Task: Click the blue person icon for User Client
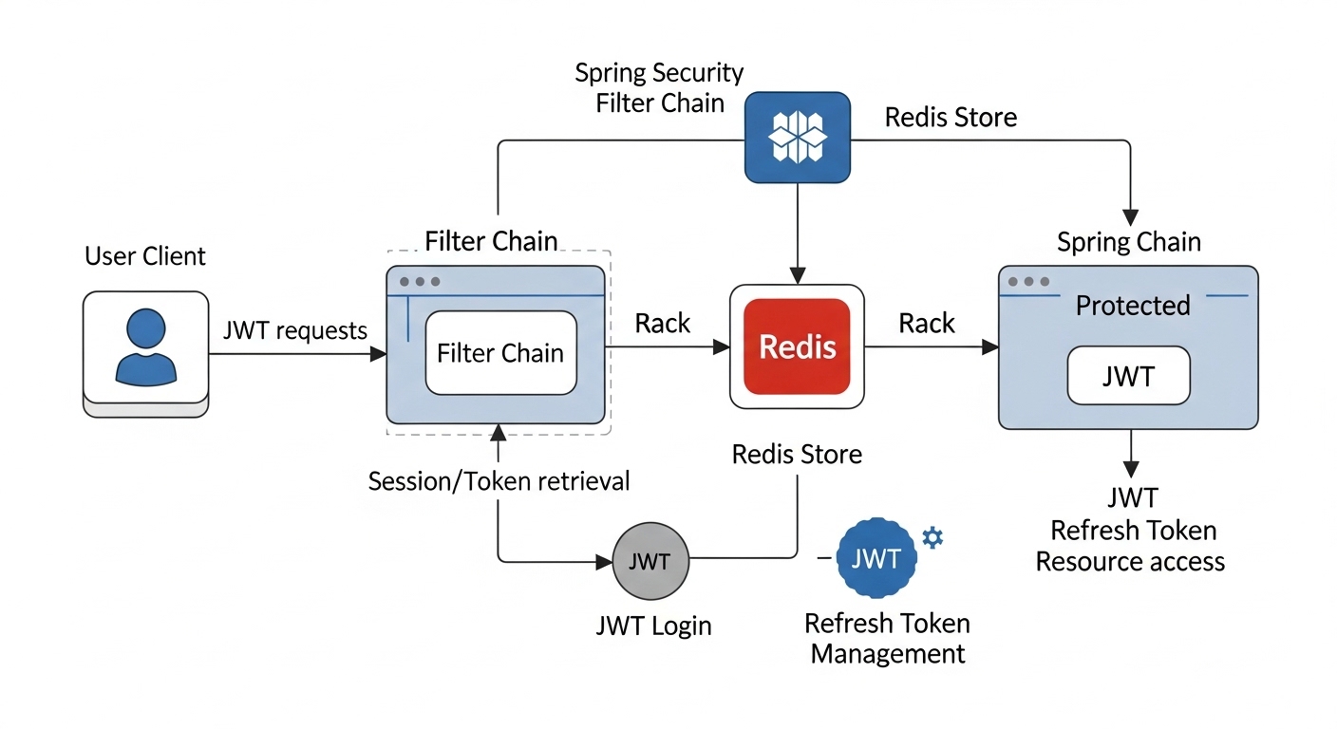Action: pos(145,346)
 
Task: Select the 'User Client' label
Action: pos(145,256)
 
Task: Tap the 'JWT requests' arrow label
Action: pos(294,330)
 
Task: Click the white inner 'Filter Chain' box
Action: pos(500,353)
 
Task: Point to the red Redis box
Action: pos(797,346)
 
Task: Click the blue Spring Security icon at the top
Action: pos(797,137)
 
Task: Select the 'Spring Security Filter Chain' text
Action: pos(660,87)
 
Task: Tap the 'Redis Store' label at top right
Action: pos(951,118)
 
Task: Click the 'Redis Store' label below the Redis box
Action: pos(797,455)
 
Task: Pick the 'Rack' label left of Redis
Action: pos(663,324)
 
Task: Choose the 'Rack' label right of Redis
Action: pos(927,324)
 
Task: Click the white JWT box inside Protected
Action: pos(1128,377)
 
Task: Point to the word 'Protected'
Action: pos(1132,306)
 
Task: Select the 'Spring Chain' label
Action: pos(1128,242)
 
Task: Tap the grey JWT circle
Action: pos(650,561)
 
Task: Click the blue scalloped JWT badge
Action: pos(876,558)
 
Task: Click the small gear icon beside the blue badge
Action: pos(933,537)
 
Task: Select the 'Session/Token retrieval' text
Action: pos(499,481)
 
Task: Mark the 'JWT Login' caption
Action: pos(652,626)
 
